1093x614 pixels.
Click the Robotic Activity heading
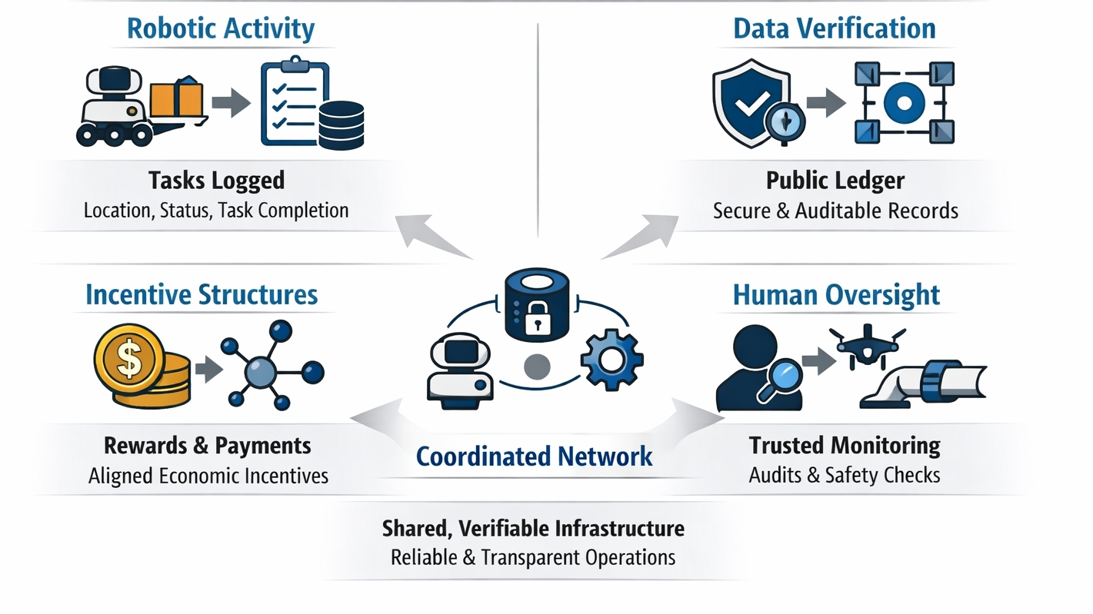click(220, 29)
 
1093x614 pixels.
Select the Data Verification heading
click(835, 29)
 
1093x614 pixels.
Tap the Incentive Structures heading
click(202, 295)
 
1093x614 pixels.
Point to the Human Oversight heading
click(836, 295)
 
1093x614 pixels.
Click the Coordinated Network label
click(534, 456)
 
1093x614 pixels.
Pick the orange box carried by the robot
click(176, 99)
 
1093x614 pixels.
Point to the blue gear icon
click(612, 360)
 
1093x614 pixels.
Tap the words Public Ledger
click(835, 181)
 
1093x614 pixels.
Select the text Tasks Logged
click(216, 181)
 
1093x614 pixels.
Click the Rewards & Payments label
click(208, 446)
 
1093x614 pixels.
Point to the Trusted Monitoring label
click(845, 446)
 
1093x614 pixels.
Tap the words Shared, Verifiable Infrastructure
click(533, 529)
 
